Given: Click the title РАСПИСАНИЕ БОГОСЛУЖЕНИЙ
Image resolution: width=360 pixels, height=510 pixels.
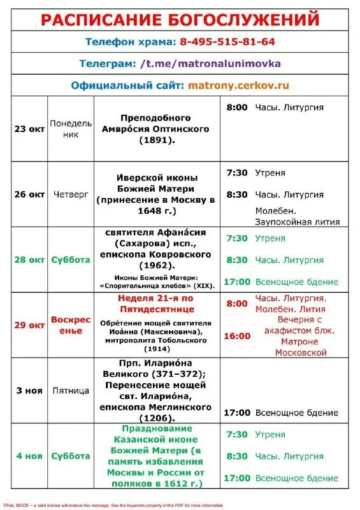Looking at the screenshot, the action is click(180, 19).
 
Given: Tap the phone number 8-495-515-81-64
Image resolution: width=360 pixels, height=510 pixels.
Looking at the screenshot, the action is click(227, 41).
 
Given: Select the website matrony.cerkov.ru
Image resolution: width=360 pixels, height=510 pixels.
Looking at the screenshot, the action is click(238, 85).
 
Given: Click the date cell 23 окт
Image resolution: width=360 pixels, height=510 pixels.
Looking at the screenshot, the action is click(29, 129).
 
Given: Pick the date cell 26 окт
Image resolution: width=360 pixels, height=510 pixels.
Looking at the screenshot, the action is click(29, 194).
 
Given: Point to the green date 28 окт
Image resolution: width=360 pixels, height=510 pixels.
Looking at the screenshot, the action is click(29, 260).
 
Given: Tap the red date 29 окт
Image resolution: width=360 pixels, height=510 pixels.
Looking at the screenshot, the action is click(29, 325).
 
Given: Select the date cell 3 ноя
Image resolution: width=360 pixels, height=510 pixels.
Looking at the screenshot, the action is click(29, 391).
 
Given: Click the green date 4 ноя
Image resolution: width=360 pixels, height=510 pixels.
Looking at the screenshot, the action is click(29, 456).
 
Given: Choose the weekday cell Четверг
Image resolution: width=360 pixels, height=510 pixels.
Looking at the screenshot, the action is click(71, 194).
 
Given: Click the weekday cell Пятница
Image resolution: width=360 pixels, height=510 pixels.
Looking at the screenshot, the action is click(71, 391).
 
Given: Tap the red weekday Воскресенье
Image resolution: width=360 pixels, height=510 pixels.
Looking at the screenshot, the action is click(71, 325).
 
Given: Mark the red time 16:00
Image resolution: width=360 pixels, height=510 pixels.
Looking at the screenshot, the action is click(238, 335).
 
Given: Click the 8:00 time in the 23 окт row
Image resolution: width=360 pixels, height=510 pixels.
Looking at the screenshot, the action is click(237, 108).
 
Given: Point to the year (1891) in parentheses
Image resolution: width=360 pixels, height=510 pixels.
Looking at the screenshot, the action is click(155, 140).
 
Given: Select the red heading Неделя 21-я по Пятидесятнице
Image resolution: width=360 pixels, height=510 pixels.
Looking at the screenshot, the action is click(156, 303).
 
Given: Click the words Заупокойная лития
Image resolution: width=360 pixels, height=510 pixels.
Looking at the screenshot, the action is click(297, 222).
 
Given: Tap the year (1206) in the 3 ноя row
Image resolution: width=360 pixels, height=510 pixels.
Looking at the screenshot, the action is click(156, 417).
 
